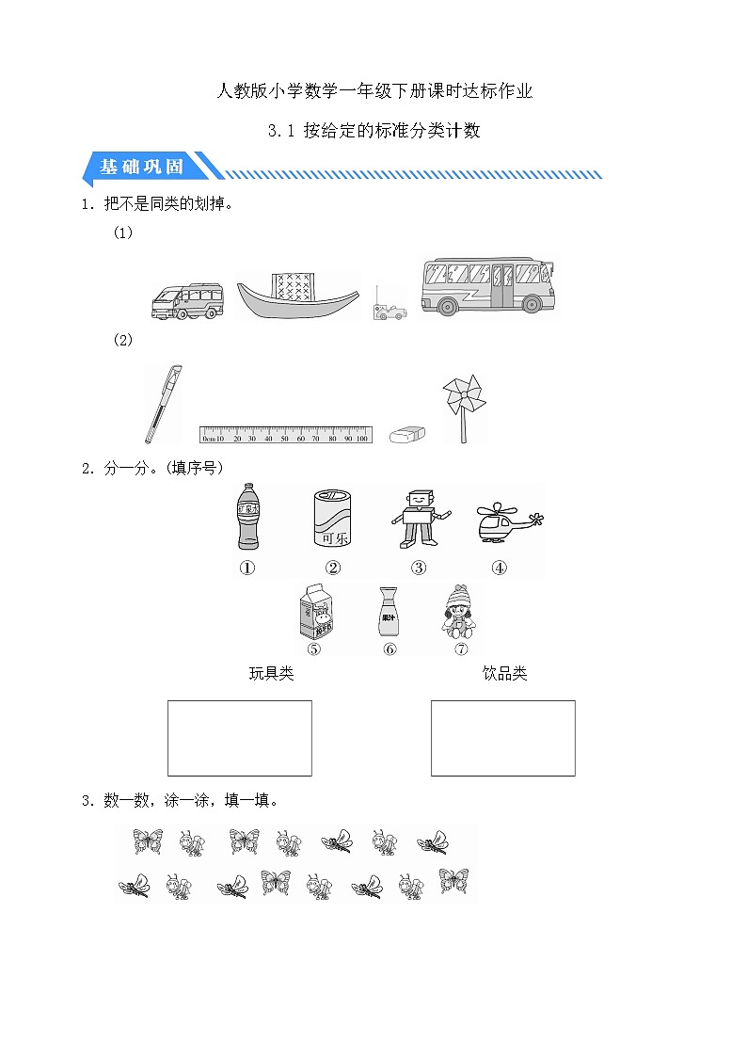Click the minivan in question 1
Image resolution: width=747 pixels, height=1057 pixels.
[x=187, y=301]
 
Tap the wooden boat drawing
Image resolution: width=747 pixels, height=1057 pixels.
[x=296, y=297]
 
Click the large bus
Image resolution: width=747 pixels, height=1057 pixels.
[x=486, y=287]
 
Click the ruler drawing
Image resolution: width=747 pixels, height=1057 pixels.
[x=286, y=435]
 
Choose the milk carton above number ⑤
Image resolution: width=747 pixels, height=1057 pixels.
[x=315, y=613]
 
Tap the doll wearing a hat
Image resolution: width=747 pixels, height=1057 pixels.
[x=459, y=611]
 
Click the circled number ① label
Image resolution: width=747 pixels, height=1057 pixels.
[x=247, y=568]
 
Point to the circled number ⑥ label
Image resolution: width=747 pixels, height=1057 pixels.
[x=389, y=649]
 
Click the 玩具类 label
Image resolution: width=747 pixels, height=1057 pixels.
[x=271, y=674]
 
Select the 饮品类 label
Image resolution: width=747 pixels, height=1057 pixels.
[x=504, y=674]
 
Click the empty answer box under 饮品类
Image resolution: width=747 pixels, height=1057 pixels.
[x=502, y=738]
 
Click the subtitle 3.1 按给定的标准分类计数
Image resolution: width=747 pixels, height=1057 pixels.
[x=373, y=131]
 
